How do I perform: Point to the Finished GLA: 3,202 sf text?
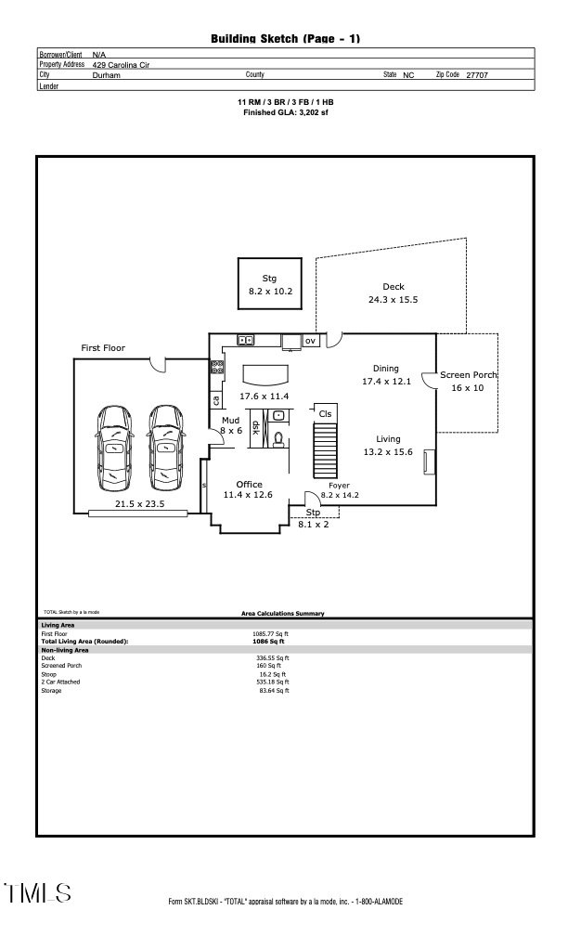pos(285,112)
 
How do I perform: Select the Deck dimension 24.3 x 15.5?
pos(394,300)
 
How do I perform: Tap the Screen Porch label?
pos(469,375)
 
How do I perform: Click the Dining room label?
pos(385,368)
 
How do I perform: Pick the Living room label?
pos(388,439)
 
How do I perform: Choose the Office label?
pos(249,484)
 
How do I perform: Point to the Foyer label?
pos(339,485)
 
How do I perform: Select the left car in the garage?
pos(113,447)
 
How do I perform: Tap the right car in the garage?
pos(164,447)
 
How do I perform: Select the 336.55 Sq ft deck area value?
pos(272,658)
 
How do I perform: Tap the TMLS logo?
pos(38,894)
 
